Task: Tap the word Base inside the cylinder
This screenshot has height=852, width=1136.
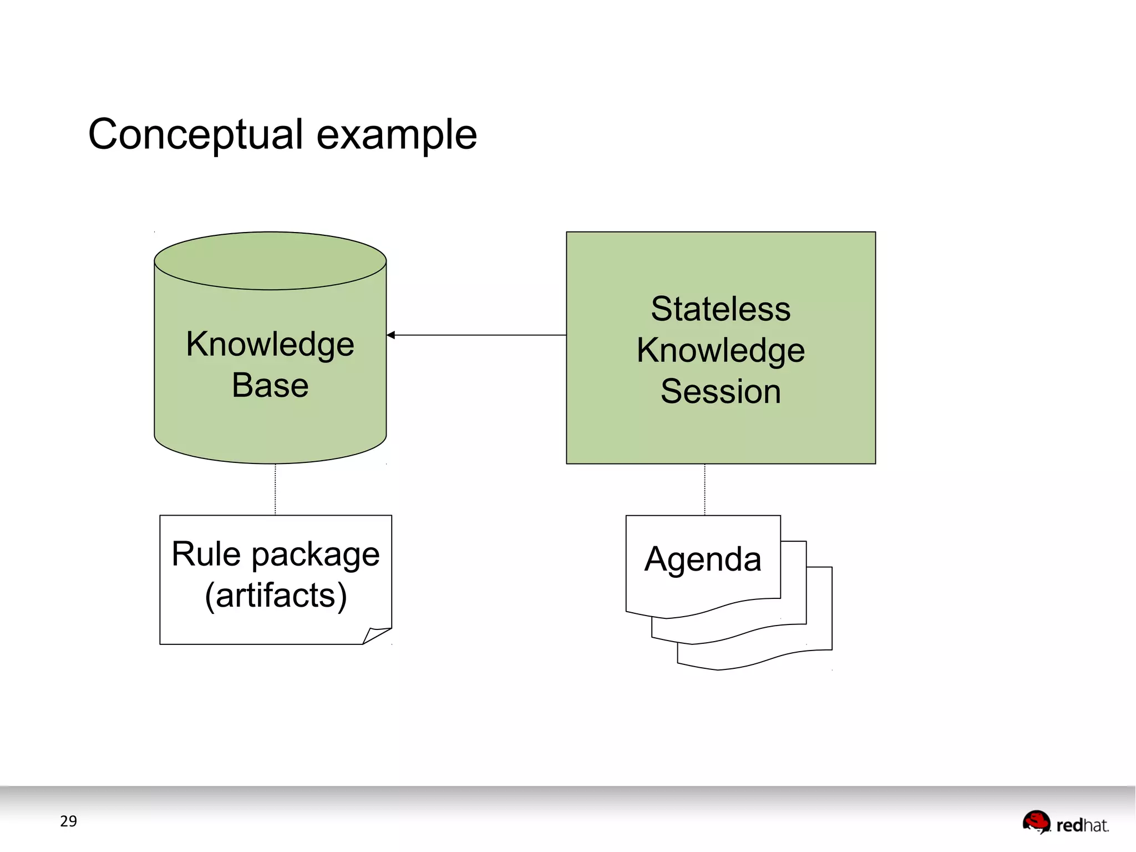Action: point(270,385)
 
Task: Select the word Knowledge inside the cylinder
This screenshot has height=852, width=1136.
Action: point(270,344)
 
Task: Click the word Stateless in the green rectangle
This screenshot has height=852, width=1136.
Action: point(721,309)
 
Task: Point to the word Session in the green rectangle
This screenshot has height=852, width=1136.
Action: point(721,391)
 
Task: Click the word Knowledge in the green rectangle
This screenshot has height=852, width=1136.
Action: point(721,350)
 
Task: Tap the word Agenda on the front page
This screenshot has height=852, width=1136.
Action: point(703,559)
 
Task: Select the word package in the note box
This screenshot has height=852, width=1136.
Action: point(316,555)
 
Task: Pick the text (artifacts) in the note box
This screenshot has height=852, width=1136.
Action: point(276,596)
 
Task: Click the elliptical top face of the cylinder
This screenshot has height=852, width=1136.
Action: point(270,260)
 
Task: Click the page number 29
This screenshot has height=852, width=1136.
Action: point(68,821)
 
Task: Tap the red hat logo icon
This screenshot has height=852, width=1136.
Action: point(1036,821)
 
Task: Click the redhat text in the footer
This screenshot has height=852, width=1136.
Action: point(1082,825)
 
